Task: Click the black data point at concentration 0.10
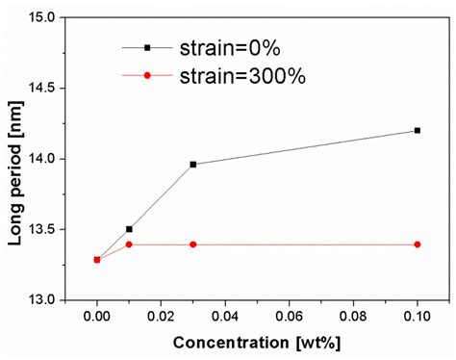[x=417, y=130]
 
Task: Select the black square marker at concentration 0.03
[x=193, y=165]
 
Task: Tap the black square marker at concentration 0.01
[x=129, y=229]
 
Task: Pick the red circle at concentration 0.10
[x=417, y=244]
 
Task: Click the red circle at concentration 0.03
[x=193, y=244]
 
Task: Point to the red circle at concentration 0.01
[x=129, y=244]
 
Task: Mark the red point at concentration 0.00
[x=97, y=260]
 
